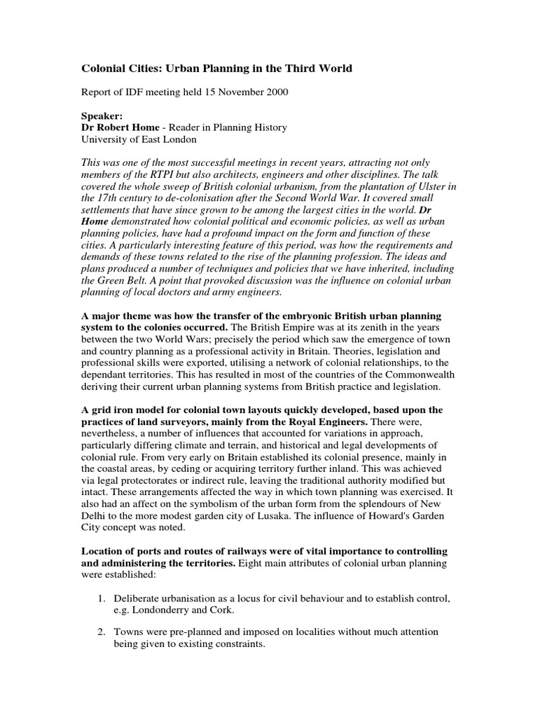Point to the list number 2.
pos(99,632)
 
